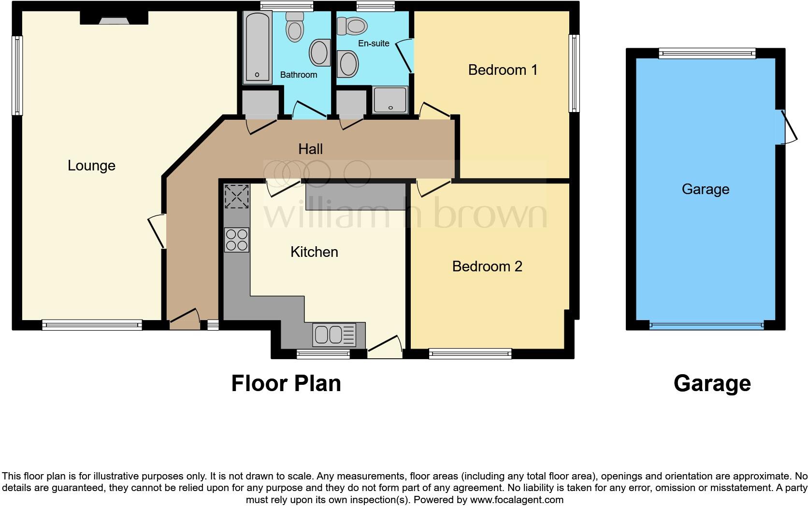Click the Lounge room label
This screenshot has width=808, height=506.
[x=91, y=166]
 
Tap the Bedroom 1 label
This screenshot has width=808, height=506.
[x=503, y=70]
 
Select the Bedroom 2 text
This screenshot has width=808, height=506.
[x=487, y=267]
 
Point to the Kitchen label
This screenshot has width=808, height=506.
[x=314, y=252]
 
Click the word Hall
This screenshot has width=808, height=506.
[x=310, y=149]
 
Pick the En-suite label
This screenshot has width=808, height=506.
[x=374, y=43]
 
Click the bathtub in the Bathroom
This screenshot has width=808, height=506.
[x=257, y=47]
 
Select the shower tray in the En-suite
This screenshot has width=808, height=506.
[x=390, y=100]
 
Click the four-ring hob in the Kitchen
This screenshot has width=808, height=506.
[x=237, y=239]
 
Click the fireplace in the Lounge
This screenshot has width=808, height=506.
[x=114, y=19]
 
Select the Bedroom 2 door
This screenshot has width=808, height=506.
[x=433, y=187]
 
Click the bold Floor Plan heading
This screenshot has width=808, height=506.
[x=286, y=383]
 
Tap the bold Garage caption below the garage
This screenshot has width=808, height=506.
[x=712, y=383]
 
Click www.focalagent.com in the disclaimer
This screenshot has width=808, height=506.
[x=516, y=500]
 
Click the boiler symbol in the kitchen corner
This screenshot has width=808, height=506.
[x=237, y=196]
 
